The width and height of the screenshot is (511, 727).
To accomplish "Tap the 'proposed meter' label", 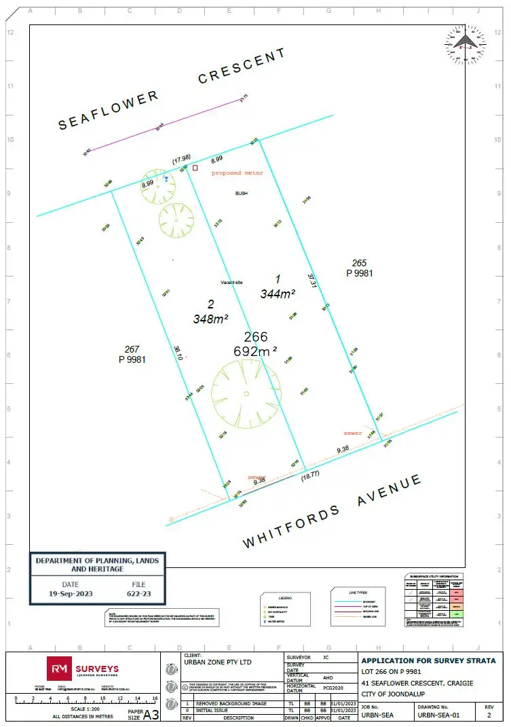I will (237, 173).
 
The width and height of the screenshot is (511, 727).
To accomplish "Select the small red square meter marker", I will (195, 167).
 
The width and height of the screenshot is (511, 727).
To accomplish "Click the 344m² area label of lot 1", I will (278, 294).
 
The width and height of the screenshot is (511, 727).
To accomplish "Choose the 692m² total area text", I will (255, 351).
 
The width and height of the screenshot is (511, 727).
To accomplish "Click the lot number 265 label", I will (359, 263).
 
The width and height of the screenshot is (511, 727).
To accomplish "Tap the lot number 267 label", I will (132, 349).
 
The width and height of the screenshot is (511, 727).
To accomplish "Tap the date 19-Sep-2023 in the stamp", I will (70, 593).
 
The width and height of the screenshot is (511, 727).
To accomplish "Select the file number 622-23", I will (138, 593).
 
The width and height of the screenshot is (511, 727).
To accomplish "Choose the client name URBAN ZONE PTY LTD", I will (217, 661).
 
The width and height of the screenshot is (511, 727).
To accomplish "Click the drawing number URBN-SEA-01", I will (438, 715).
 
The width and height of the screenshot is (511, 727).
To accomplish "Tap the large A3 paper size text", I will (151, 714).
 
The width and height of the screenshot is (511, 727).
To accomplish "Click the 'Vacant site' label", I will (231, 283).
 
